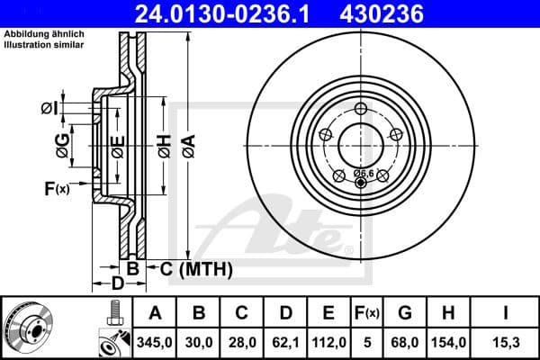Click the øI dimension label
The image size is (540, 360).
(x=49, y=109)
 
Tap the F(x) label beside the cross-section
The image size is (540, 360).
(x=56, y=189)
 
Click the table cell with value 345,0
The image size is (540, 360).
(x=155, y=342)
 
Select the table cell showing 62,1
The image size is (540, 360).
(x=285, y=342)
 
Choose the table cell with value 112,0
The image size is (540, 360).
(x=328, y=342)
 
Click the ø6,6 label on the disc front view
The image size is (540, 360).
(x=364, y=172)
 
